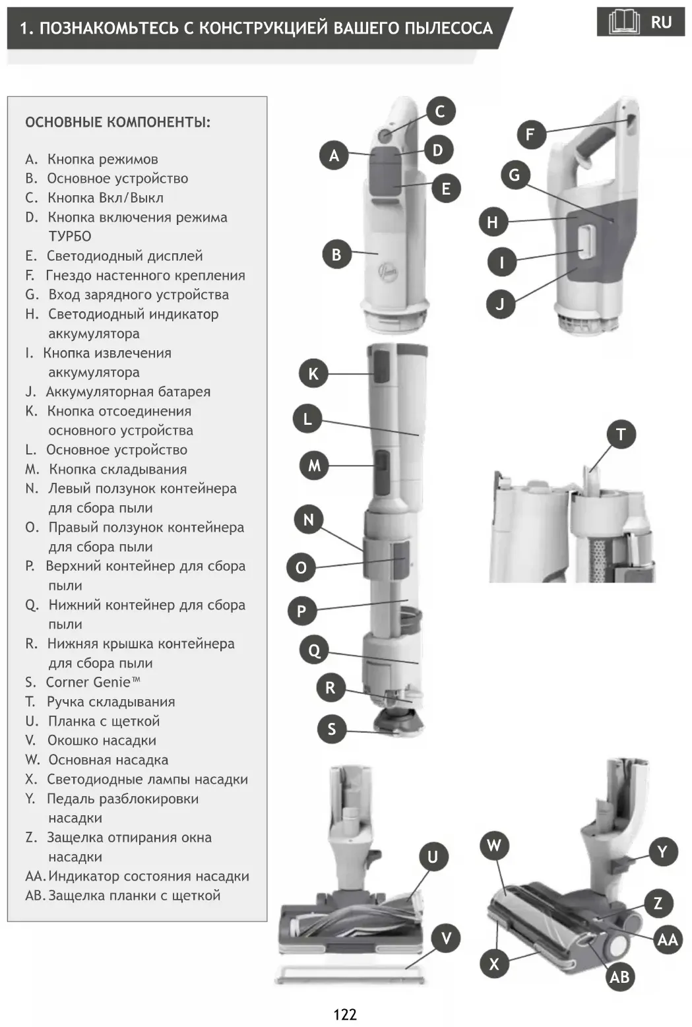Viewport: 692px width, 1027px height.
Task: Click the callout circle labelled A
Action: point(334,155)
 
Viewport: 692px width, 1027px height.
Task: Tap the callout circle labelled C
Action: point(440,111)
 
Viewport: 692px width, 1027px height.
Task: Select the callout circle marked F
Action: point(530,135)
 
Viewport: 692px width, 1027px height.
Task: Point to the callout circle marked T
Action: point(620,434)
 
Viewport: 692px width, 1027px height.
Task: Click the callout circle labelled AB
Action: point(619,976)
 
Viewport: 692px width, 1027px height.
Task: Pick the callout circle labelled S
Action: point(331,729)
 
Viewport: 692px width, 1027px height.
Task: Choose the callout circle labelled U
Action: point(433,856)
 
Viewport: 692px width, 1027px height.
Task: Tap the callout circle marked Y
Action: point(662,852)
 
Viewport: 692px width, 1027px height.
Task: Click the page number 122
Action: point(345,1014)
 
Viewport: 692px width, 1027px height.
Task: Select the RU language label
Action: point(661,22)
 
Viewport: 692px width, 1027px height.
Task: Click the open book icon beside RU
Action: point(623,22)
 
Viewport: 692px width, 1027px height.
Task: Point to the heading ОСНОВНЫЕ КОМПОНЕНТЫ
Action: point(118,122)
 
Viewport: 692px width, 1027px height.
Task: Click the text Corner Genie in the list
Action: point(92,682)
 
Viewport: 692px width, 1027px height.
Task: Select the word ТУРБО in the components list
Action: point(69,236)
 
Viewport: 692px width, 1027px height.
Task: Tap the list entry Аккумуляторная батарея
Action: point(128,392)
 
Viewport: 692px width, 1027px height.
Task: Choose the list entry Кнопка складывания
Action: point(117,469)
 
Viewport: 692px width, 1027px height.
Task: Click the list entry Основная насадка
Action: point(108,760)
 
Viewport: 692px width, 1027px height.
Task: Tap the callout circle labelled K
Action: point(313,373)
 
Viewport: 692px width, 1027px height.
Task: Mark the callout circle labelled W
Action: point(494,845)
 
